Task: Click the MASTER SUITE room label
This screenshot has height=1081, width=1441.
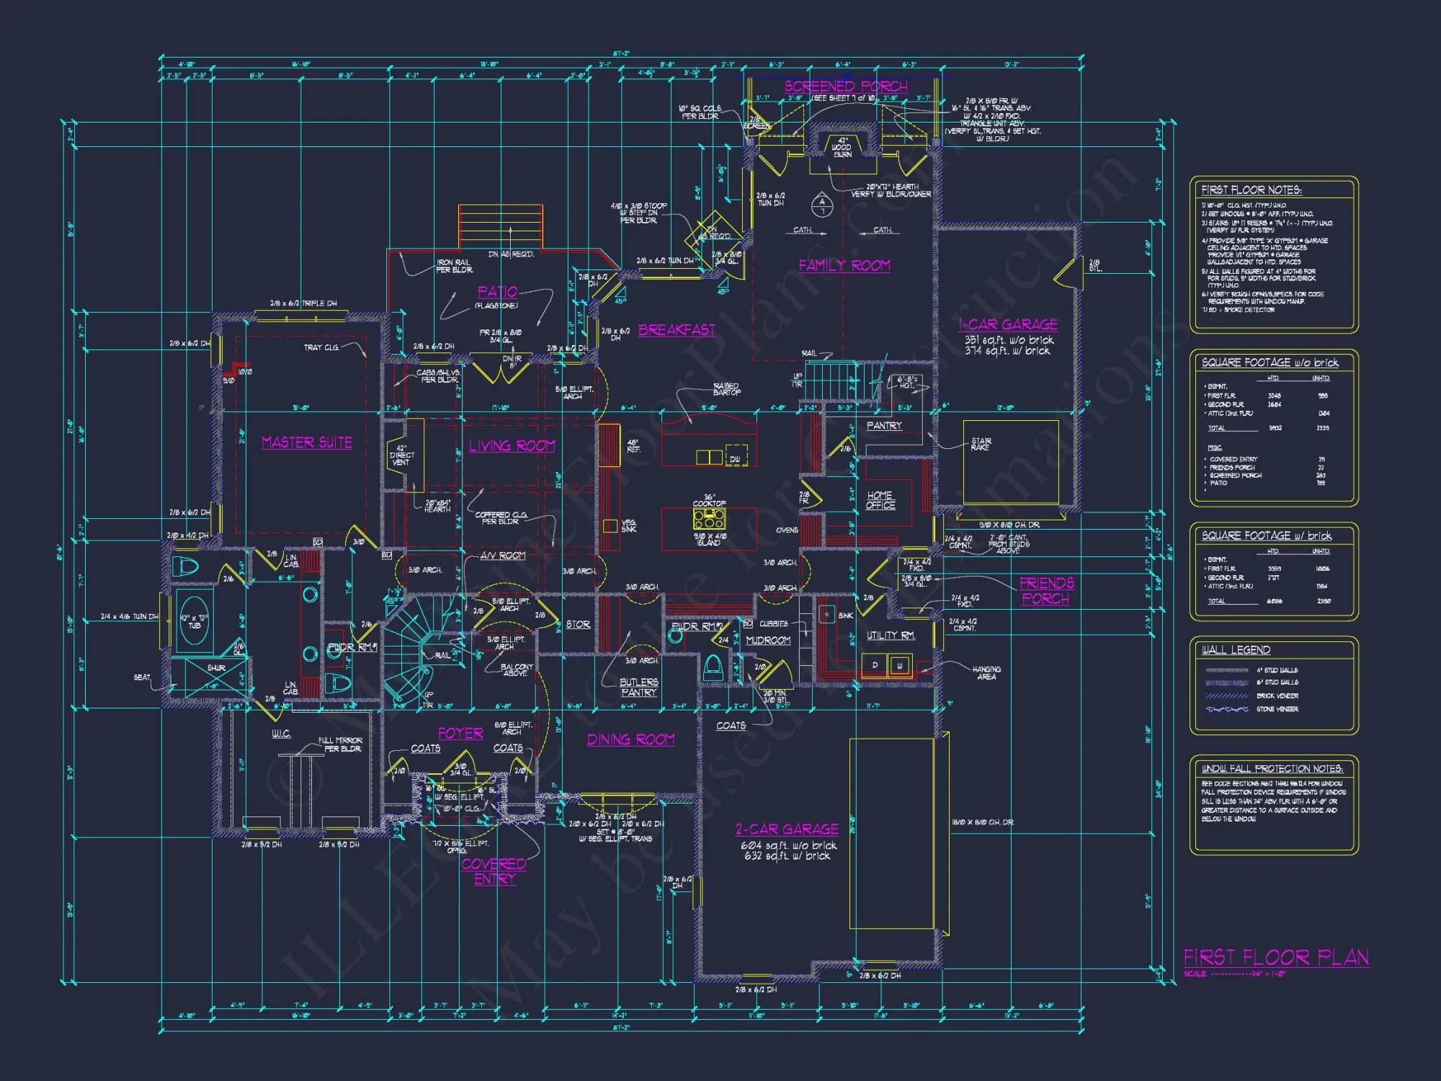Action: (x=307, y=442)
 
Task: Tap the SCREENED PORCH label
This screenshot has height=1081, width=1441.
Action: (x=846, y=86)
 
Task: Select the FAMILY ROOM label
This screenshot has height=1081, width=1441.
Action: (x=844, y=265)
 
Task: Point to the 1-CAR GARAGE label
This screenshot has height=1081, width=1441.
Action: (x=1008, y=324)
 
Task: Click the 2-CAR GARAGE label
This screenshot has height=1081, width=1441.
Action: (x=787, y=829)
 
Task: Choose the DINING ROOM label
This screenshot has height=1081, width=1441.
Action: (x=630, y=739)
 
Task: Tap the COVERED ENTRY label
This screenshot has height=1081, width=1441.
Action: (x=494, y=871)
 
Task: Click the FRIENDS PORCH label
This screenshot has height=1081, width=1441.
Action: (x=1046, y=590)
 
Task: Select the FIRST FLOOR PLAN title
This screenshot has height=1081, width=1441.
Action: (x=1276, y=957)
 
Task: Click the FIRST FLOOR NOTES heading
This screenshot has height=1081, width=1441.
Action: (x=1252, y=190)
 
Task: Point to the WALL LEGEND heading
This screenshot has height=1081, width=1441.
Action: (x=1236, y=650)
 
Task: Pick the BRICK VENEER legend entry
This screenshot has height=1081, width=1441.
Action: (x=1277, y=696)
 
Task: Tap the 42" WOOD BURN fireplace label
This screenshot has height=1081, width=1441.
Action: (x=842, y=147)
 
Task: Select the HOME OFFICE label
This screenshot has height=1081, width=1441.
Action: (x=880, y=500)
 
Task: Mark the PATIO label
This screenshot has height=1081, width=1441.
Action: (x=497, y=292)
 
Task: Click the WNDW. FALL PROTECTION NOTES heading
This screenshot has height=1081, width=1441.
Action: (x=1272, y=769)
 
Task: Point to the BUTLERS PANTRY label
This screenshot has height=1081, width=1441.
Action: (x=638, y=687)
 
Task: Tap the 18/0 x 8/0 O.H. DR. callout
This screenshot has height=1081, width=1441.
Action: (x=983, y=822)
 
